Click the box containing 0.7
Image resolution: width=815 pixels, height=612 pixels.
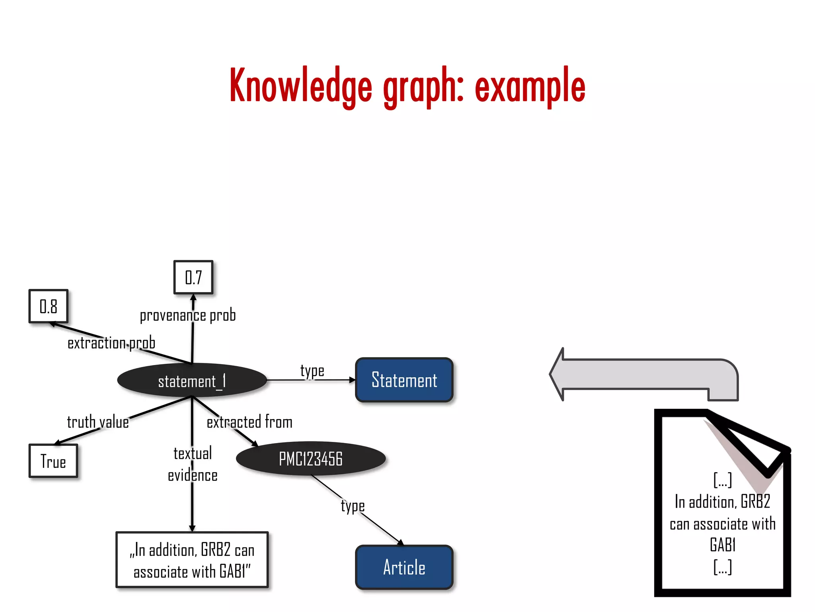(x=193, y=277)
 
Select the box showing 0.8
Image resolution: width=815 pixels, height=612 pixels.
(x=49, y=306)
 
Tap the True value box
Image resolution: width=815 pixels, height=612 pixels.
(x=53, y=461)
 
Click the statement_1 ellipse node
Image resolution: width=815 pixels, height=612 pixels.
(x=192, y=381)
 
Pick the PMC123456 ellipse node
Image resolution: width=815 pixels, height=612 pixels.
(x=310, y=459)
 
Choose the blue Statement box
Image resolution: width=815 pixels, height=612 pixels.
(x=404, y=380)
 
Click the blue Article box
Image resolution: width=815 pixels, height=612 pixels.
(x=404, y=567)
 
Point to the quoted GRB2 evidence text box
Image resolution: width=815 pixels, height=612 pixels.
(x=192, y=560)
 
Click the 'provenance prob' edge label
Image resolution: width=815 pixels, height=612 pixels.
(x=187, y=315)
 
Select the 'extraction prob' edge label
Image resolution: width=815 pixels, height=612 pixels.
(x=111, y=343)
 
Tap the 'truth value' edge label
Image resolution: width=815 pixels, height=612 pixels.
(x=97, y=422)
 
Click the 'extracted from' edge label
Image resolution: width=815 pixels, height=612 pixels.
(x=250, y=422)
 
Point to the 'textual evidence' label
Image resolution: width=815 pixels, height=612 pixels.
(x=192, y=465)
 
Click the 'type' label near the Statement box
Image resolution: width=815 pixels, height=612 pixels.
(x=312, y=371)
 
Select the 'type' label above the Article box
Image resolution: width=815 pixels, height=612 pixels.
(x=353, y=506)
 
